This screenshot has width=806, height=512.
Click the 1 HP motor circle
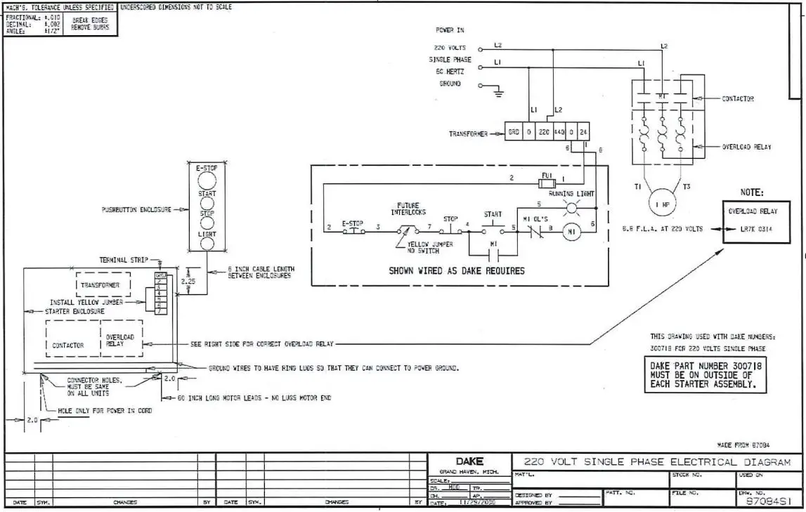click(x=661, y=204)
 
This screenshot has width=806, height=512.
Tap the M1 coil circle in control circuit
click(x=572, y=232)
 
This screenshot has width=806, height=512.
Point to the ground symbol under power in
click(x=498, y=89)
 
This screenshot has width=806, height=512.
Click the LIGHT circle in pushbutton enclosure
click(x=207, y=244)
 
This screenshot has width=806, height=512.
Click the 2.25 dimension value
click(x=187, y=281)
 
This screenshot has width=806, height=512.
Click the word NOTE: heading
click(x=752, y=192)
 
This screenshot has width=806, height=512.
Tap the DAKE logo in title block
click(x=469, y=461)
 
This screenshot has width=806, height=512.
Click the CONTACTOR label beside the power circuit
click(x=738, y=99)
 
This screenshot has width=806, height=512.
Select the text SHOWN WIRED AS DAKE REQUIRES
click(x=457, y=270)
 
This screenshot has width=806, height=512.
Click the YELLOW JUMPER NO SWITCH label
click(x=429, y=247)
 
